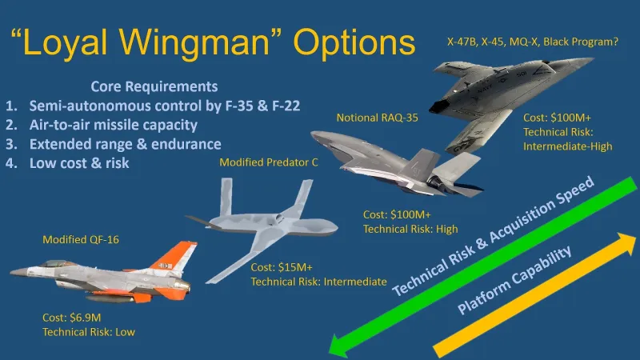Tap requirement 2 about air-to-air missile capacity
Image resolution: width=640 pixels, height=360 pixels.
tap(113, 125)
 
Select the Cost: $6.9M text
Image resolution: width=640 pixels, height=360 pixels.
tap(73, 318)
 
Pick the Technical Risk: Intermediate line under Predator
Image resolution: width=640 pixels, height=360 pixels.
tap(318, 282)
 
